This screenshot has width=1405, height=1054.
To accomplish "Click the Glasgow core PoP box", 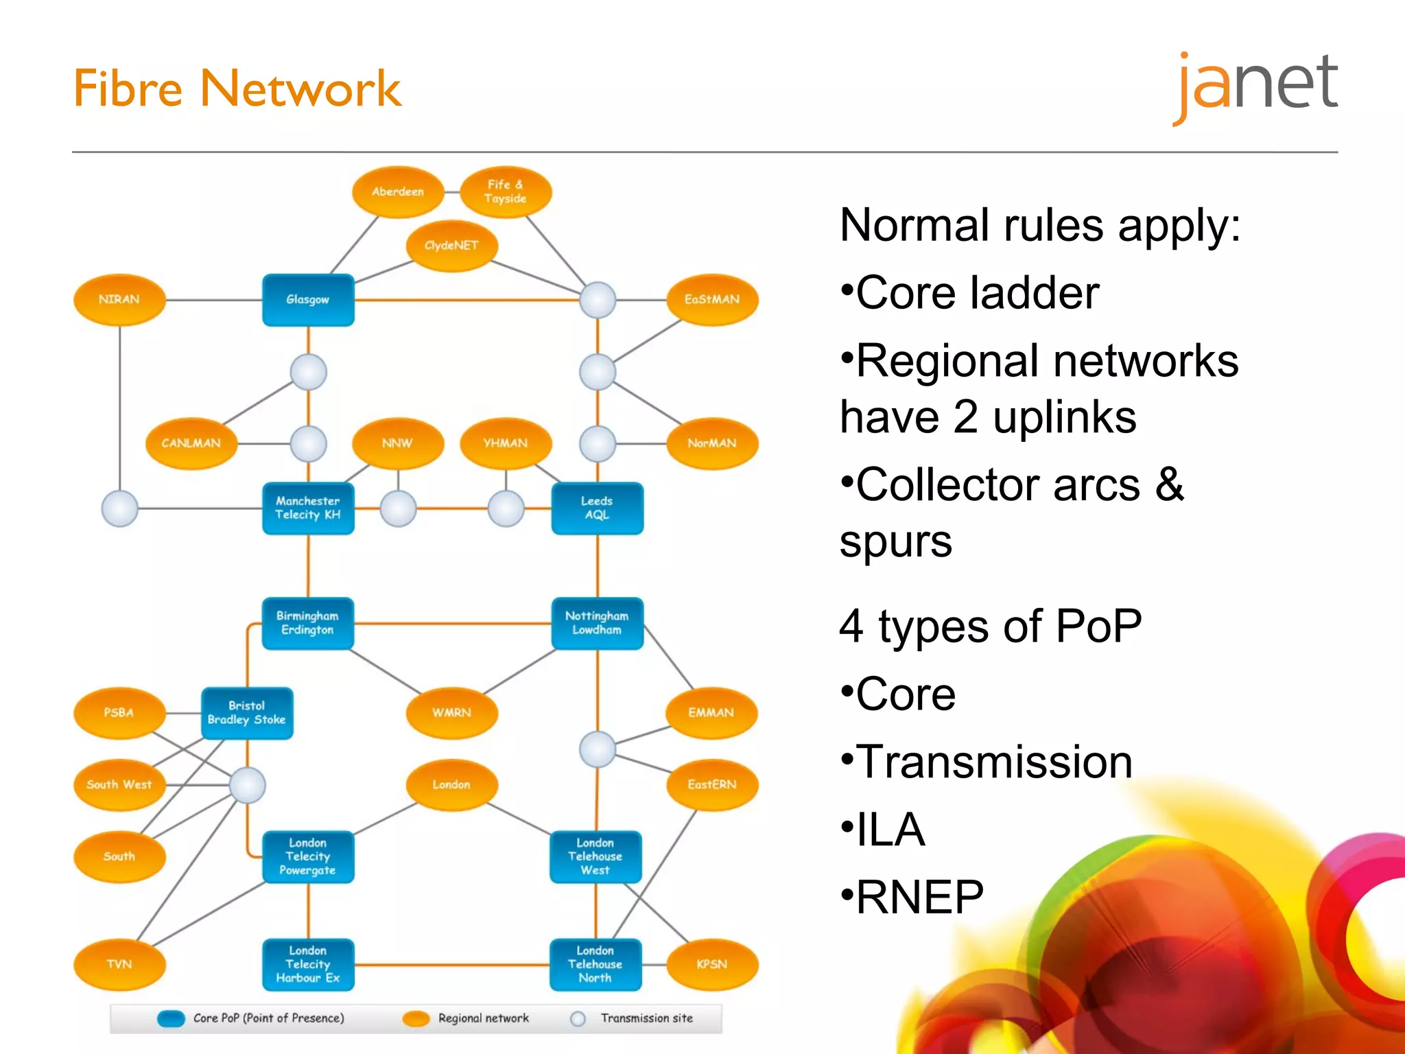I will coord(308,300).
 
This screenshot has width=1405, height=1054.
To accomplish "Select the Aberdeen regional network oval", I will coord(398,192).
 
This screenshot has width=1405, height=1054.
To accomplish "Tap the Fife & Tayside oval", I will coord(506,192).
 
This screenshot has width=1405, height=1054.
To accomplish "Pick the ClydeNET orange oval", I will coord(451,246).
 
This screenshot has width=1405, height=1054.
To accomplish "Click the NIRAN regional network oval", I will coord(119,300).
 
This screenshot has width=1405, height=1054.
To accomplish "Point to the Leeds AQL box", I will coord(597,508).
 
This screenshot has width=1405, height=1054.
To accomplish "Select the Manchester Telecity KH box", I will coord(308,508).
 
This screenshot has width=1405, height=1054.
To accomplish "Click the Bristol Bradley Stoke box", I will coord(247,713).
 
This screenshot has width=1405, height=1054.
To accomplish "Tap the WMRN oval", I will coord(451,713).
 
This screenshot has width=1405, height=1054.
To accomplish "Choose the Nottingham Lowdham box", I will coord(597,623).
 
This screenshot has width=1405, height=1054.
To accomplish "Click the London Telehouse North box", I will coord(595,964).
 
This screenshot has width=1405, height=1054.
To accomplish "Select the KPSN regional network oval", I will coord(712,964).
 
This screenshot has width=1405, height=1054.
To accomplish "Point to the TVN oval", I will coord(119,964).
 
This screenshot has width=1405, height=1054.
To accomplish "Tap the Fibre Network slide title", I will coord(237,89).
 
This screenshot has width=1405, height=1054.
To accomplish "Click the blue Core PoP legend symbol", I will coord(171,1018).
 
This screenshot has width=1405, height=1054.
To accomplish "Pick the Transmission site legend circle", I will coord(578,1018).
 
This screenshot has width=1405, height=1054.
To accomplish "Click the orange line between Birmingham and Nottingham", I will coord(453,624).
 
